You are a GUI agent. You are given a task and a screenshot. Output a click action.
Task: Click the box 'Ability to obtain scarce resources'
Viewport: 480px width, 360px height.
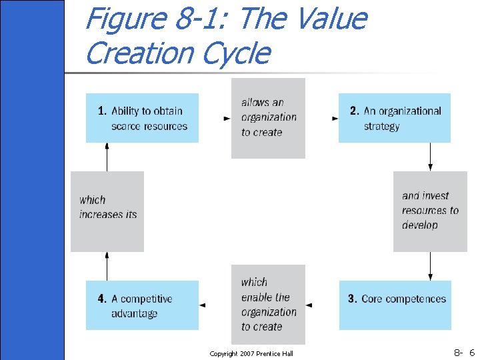coord(142,118)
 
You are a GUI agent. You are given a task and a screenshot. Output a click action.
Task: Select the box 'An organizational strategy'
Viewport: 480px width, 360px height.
coord(395,118)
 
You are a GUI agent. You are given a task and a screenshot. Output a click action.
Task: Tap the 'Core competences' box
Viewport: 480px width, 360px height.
coord(395,305)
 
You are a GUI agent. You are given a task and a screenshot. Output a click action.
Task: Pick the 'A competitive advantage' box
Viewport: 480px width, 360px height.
coord(142,305)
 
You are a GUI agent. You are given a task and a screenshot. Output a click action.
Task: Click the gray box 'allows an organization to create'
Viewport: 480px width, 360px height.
coord(268,118)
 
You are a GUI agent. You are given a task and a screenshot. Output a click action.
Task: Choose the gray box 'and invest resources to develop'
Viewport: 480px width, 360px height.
coord(429,211)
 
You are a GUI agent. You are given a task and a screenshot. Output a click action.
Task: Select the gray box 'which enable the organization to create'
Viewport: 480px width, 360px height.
coord(268,304)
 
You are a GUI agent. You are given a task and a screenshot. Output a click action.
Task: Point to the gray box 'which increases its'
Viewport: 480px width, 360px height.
coord(107,211)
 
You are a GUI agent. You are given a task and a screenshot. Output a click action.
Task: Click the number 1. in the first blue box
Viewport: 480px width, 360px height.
coord(102,111)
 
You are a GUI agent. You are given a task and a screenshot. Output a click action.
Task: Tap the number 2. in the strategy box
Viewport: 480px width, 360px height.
coord(355,111)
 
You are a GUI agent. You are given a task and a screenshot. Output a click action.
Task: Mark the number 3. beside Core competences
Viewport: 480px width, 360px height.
coord(353,299)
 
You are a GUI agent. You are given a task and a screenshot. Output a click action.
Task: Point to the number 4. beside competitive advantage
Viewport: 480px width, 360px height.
coord(102,299)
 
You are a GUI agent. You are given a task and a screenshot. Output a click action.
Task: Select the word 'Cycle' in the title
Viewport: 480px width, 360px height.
coord(236,53)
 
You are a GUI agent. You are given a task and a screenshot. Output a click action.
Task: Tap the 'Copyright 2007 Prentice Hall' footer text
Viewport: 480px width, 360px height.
coord(251,353)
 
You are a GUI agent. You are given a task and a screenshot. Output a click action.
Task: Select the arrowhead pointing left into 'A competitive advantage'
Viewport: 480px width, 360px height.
coord(203,305)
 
